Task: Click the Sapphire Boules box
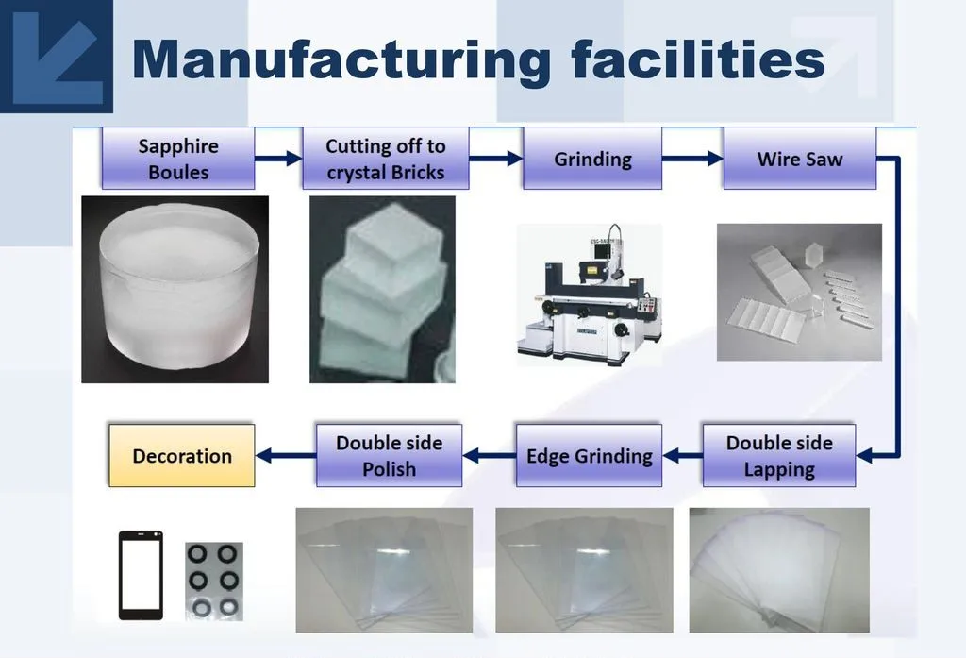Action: pos(178,159)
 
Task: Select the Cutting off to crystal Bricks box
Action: pos(385,159)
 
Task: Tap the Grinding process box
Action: pos(592,159)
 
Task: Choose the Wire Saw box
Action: pos(799,159)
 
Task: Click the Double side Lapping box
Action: pos(779,456)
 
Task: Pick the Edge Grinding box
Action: pos(589,456)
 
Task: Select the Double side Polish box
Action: pos(389,456)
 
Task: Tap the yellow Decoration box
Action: pos(182,456)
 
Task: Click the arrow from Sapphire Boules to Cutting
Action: pos(278,159)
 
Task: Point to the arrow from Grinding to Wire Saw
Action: pos(691,159)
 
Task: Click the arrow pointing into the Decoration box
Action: pos(286,456)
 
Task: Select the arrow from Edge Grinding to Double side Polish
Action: pos(489,456)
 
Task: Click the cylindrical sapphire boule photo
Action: pos(175,288)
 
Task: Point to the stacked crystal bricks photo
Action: pos(382,288)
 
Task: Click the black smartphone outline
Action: pos(141,575)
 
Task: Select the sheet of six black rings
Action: pos(213,581)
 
